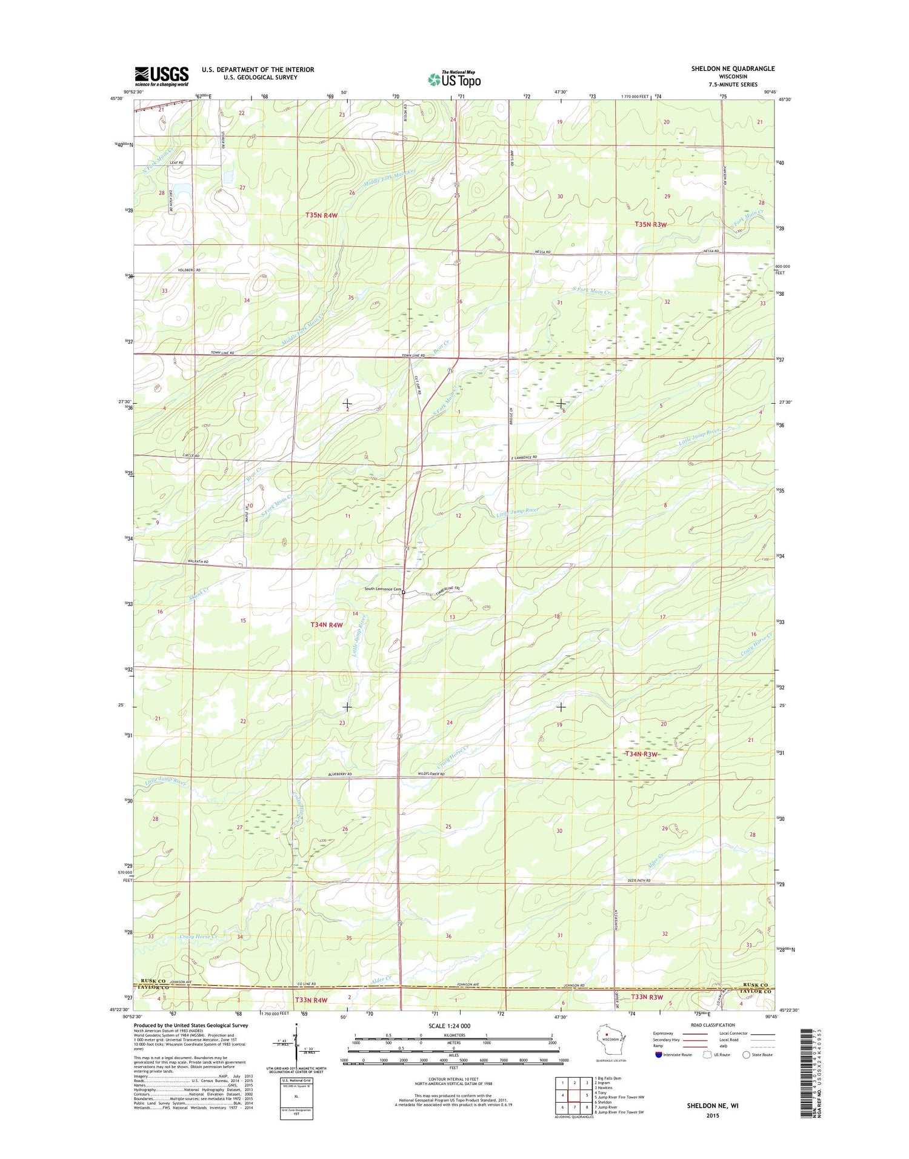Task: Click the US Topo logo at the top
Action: [x=454, y=79]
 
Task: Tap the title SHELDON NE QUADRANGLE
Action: [x=733, y=68]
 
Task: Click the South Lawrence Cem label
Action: [x=382, y=589]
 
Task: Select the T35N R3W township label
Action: [x=650, y=224]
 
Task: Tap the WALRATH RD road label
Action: [x=198, y=562]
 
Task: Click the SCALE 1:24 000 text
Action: [x=449, y=1026]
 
